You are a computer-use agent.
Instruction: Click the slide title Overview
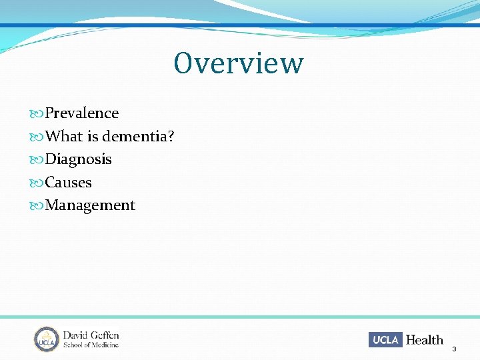pos(239,63)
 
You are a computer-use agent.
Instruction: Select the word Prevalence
pos(81,113)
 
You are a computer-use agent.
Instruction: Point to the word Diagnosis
pos(78,159)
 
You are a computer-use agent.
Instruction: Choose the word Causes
pos(68,183)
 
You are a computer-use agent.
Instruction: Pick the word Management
pos(90,205)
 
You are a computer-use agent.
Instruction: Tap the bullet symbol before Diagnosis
pos(37,160)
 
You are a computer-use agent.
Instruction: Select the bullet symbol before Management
pos(37,206)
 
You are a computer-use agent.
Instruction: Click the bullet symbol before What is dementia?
pos(37,137)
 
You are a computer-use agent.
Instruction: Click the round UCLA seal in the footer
pos(47,339)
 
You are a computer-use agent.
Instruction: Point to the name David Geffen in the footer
pos(91,335)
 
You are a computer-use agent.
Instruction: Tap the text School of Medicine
pos(91,345)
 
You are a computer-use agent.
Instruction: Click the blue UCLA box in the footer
pos(385,339)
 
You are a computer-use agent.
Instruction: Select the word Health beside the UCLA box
pos(425,339)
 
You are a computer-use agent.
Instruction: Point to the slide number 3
pos(455,349)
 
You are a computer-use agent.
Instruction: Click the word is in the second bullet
pos(91,137)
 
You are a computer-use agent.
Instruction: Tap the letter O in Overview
pos(184,63)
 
